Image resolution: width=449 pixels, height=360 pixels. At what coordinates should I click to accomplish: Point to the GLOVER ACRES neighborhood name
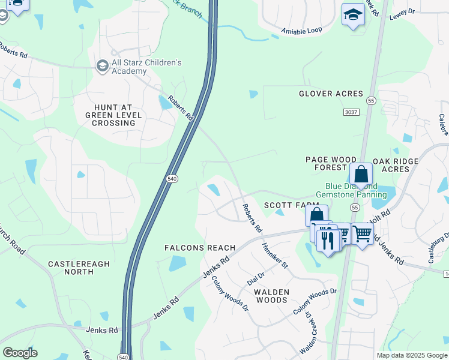point(331,94)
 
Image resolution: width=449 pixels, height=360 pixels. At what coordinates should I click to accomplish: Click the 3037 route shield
point(351,112)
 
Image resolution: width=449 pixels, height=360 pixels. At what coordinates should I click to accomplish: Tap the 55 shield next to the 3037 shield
point(372,101)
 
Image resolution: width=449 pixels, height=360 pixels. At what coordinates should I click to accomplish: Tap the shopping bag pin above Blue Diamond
point(361,174)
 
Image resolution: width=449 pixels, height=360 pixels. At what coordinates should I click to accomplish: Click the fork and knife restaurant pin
point(328,241)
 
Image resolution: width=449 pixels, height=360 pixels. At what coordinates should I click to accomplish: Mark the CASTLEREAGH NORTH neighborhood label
point(71,268)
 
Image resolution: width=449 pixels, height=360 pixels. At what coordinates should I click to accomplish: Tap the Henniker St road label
point(275,254)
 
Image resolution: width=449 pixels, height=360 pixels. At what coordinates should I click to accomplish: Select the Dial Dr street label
point(256,278)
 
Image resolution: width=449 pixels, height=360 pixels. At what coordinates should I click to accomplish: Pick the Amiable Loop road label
point(302,31)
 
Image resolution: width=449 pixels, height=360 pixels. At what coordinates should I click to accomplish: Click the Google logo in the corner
point(20,353)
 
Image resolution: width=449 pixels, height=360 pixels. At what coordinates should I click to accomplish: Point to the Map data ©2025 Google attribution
point(411,355)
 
